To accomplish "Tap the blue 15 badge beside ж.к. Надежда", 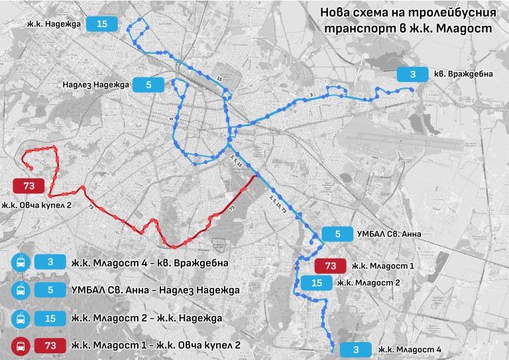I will [x=101, y=25].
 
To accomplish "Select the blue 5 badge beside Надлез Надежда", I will [x=148, y=84].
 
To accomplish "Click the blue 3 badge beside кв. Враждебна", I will [x=412, y=74].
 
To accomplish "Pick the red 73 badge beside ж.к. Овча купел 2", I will [x=28, y=186].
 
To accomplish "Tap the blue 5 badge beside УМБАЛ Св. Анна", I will [x=338, y=234].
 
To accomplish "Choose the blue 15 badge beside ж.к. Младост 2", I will [x=316, y=283].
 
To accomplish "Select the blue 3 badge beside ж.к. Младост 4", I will [x=356, y=349].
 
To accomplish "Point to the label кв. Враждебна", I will [x=463, y=74].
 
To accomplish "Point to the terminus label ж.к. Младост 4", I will [x=410, y=349].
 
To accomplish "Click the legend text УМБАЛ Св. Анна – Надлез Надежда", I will [x=154, y=290].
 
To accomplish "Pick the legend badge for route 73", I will [x=50, y=345].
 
